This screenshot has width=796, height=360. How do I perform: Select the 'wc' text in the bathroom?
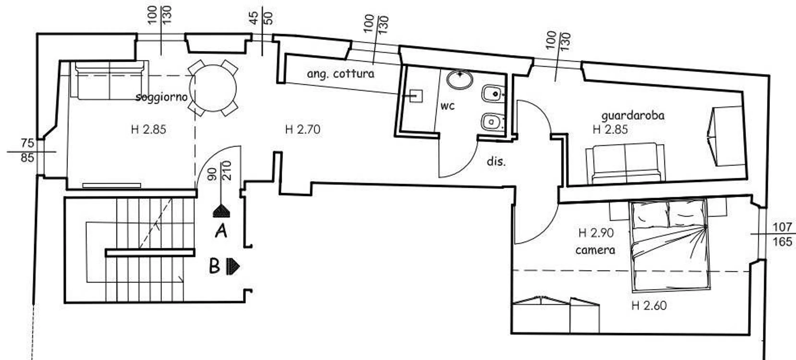(x=447, y=106)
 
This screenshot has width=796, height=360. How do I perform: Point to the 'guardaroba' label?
(x=633, y=116)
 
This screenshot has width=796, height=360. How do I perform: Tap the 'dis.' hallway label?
(x=496, y=161)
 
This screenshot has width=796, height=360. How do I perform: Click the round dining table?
(x=213, y=88)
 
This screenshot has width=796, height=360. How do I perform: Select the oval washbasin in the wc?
(x=460, y=79)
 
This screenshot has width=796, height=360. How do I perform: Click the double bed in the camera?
(x=670, y=246)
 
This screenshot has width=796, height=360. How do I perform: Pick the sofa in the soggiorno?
(x=110, y=80)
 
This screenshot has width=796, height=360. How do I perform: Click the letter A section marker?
(x=221, y=231)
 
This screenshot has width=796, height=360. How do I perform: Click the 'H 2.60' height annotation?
(x=649, y=306)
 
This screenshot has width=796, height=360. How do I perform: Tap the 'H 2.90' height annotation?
(x=596, y=233)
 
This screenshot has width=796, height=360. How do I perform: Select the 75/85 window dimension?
(x=28, y=150)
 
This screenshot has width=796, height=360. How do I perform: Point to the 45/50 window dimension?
(x=261, y=18)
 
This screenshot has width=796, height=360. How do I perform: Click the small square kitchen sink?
(x=416, y=96)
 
